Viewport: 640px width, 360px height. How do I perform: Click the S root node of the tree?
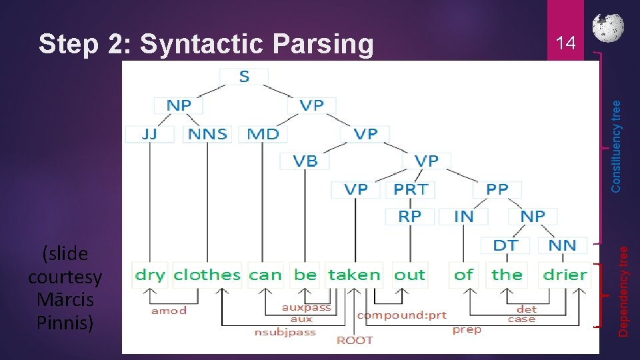(x=244, y=77)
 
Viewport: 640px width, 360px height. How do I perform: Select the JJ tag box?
(x=149, y=134)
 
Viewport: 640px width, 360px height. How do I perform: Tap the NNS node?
(x=207, y=134)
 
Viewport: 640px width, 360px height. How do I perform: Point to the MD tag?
(x=263, y=134)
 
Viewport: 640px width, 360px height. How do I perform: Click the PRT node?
(x=411, y=189)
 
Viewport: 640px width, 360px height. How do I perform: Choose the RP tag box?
(x=410, y=216)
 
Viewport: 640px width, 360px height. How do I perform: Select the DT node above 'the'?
(x=505, y=245)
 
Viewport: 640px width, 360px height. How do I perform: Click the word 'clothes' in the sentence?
(x=207, y=275)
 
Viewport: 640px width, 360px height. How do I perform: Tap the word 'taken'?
(x=354, y=275)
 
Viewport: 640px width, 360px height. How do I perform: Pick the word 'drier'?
(x=565, y=275)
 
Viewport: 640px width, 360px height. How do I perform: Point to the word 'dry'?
(x=150, y=275)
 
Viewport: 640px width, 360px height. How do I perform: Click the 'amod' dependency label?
(x=169, y=311)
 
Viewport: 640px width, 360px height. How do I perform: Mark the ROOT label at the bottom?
(x=355, y=340)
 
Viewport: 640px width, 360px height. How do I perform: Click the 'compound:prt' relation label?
(x=401, y=315)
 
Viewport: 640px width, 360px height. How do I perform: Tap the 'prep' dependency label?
(x=467, y=329)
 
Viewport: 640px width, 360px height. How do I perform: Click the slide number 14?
(x=565, y=44)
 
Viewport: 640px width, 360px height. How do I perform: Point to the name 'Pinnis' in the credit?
(x=65, y=322)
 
